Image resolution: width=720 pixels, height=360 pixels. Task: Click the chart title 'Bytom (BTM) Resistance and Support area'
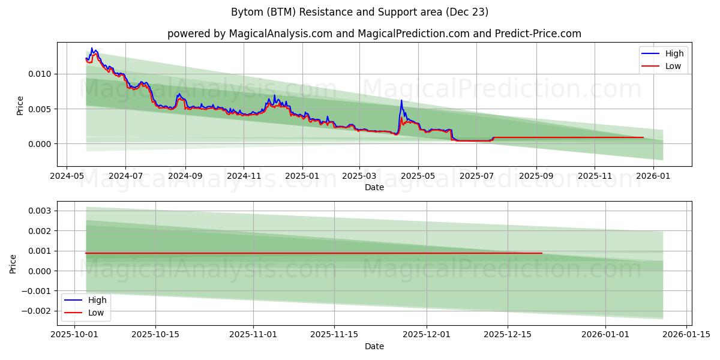click(359, 12)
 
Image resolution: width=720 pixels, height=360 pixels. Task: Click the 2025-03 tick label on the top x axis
click(359, 176)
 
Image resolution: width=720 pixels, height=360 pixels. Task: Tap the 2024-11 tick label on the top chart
click(244, 176)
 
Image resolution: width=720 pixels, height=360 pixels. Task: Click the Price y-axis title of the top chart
click(20, 105)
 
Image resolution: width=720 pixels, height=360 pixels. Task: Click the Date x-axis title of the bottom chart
click(374, 346)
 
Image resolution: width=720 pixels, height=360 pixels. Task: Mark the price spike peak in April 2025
click(401, 100)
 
